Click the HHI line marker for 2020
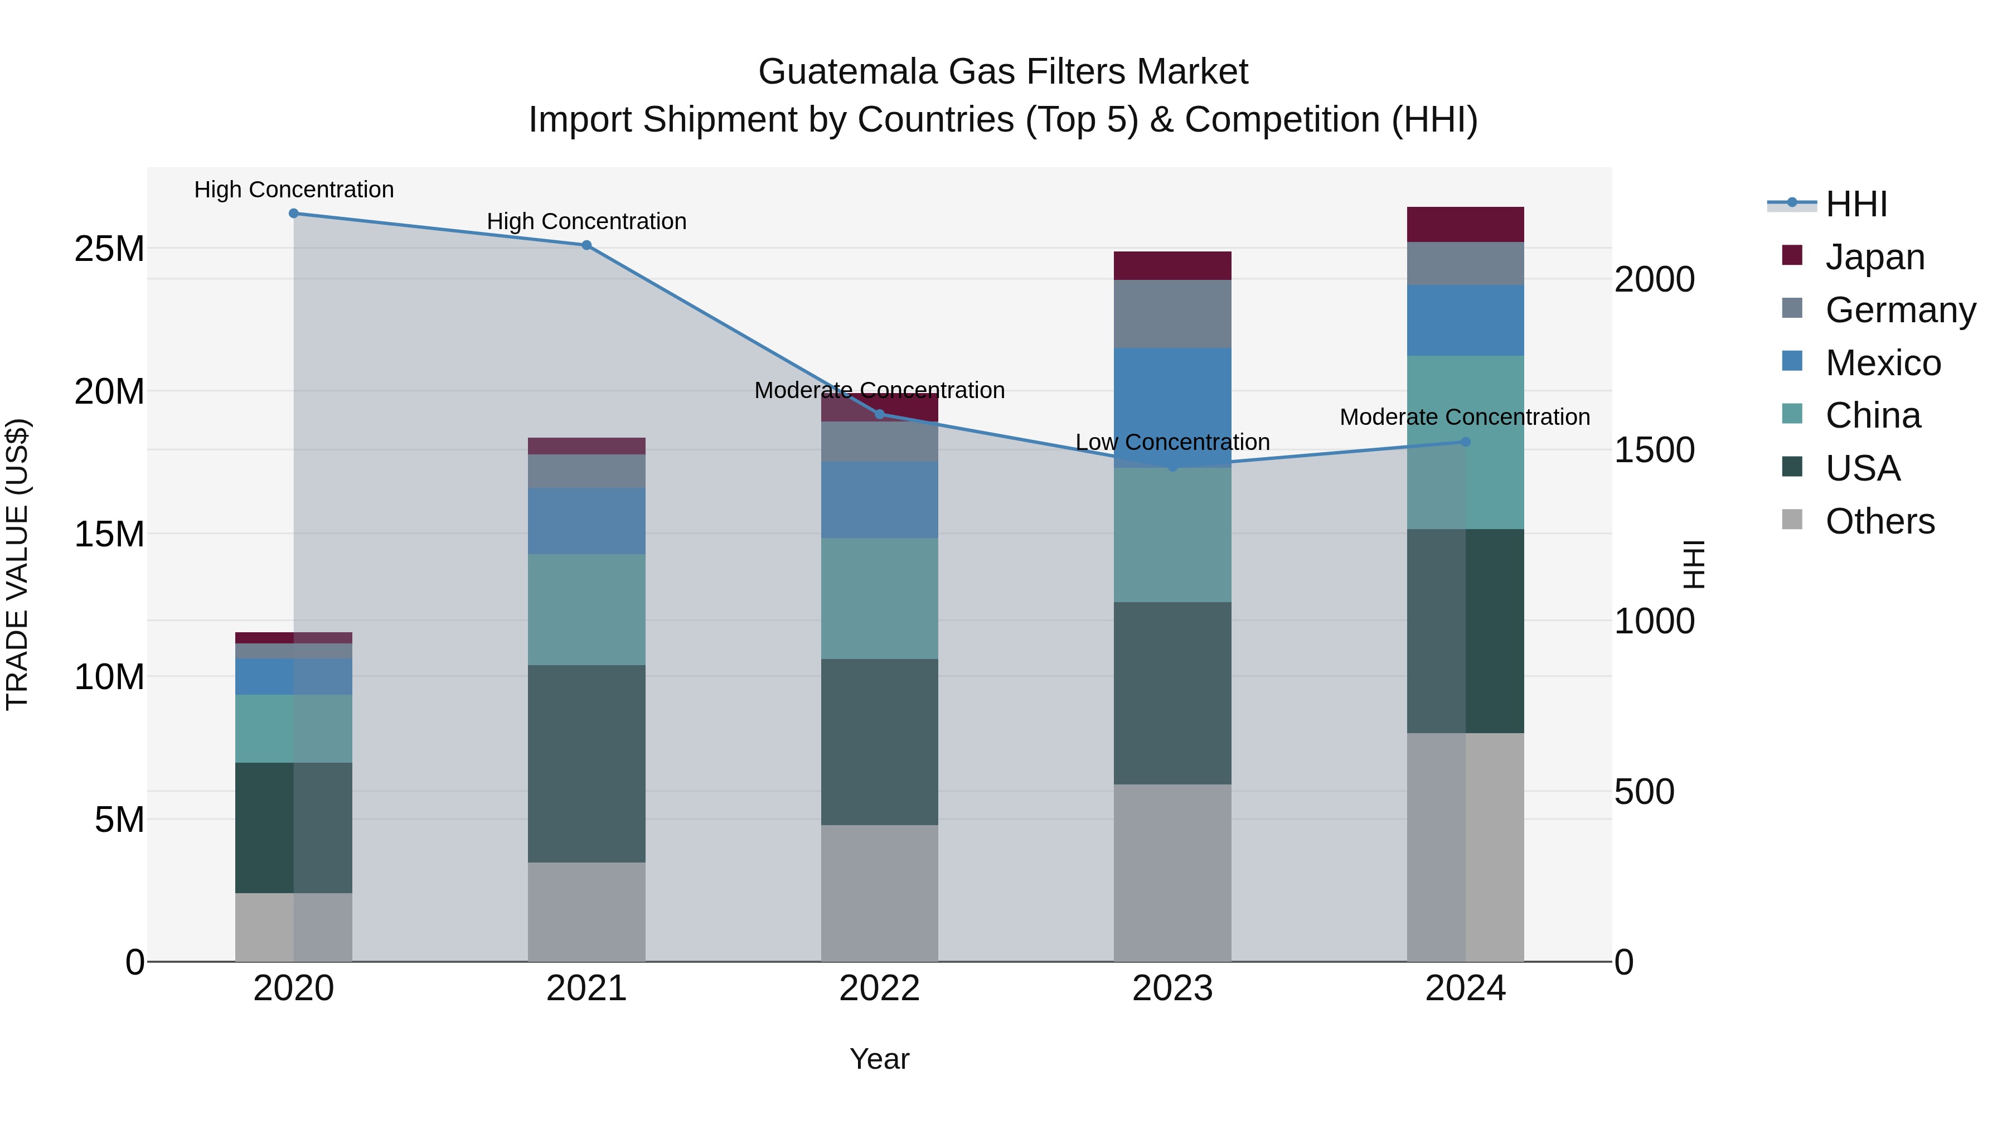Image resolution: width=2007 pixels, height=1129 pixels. [x=294, y=214]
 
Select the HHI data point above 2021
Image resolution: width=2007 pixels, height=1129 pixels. [x=586, y=245]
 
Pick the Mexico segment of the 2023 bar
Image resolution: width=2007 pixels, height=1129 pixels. [x=1172, y=398]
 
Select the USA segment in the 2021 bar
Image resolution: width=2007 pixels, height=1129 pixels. [x=586, y=764]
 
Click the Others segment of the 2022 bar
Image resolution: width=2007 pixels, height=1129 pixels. [x=880, y=893]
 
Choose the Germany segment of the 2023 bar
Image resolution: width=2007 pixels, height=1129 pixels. [x=1172, y=314]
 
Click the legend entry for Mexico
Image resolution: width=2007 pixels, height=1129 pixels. [x=1882, y=363]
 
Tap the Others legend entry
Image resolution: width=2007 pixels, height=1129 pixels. [x=1879, y=521]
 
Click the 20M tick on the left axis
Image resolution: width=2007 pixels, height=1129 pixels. [x=109, y=391]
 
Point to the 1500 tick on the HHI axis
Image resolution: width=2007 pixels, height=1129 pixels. [x=1654, y=450]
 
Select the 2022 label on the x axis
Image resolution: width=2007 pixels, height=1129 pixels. [x=880, y=989]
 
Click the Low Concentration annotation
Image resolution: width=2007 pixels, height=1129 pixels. [x=1172, y=442]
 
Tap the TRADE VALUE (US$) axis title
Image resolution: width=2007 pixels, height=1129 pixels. [x=17, y=564]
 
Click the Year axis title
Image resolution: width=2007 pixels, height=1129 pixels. [x=880, y=1059]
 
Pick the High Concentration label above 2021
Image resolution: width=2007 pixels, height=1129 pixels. [x=586, y=221]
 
